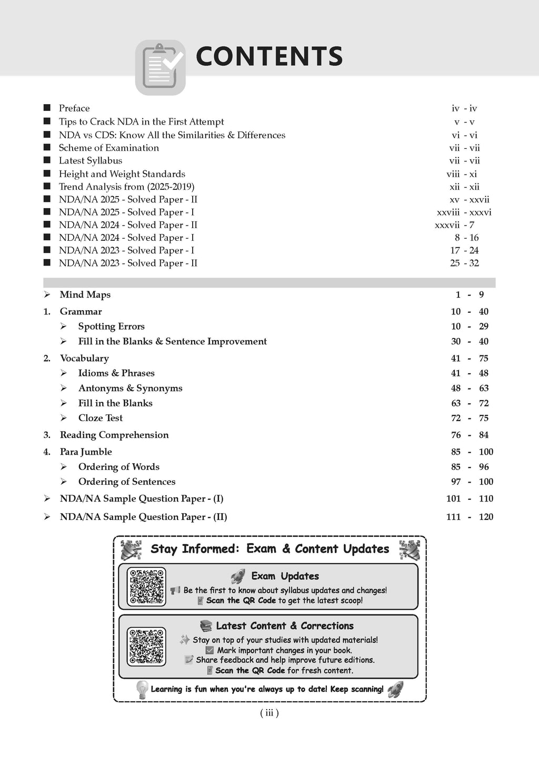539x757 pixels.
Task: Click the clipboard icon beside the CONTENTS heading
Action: (161, 67)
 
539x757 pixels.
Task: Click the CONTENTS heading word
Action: (269, 57)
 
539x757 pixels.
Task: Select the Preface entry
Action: (74, 108)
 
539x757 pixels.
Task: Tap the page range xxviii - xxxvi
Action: (464, 212)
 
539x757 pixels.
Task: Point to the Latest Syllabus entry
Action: (91, 161)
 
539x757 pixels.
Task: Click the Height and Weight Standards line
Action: (122, 174)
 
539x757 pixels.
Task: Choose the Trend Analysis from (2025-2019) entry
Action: (126, 187)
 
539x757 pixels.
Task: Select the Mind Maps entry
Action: (85, 295)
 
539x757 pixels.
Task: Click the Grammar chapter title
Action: (81, 312)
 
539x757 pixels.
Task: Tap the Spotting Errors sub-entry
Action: (111, 326)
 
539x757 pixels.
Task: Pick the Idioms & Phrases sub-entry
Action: (116, 373)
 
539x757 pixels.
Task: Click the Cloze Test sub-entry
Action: (100, 418)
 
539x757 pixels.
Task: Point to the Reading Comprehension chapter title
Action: (114, 435)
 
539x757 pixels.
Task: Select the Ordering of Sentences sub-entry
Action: (126, 482)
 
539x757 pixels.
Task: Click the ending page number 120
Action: (486, 517)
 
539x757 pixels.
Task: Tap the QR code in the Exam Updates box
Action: (147, 587)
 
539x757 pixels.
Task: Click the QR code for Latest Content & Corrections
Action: (147, 646)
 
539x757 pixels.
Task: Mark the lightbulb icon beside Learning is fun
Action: (141, 689)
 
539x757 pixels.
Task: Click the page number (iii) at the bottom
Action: (269, 713)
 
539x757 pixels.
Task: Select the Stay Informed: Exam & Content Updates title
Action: (269, 549)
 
